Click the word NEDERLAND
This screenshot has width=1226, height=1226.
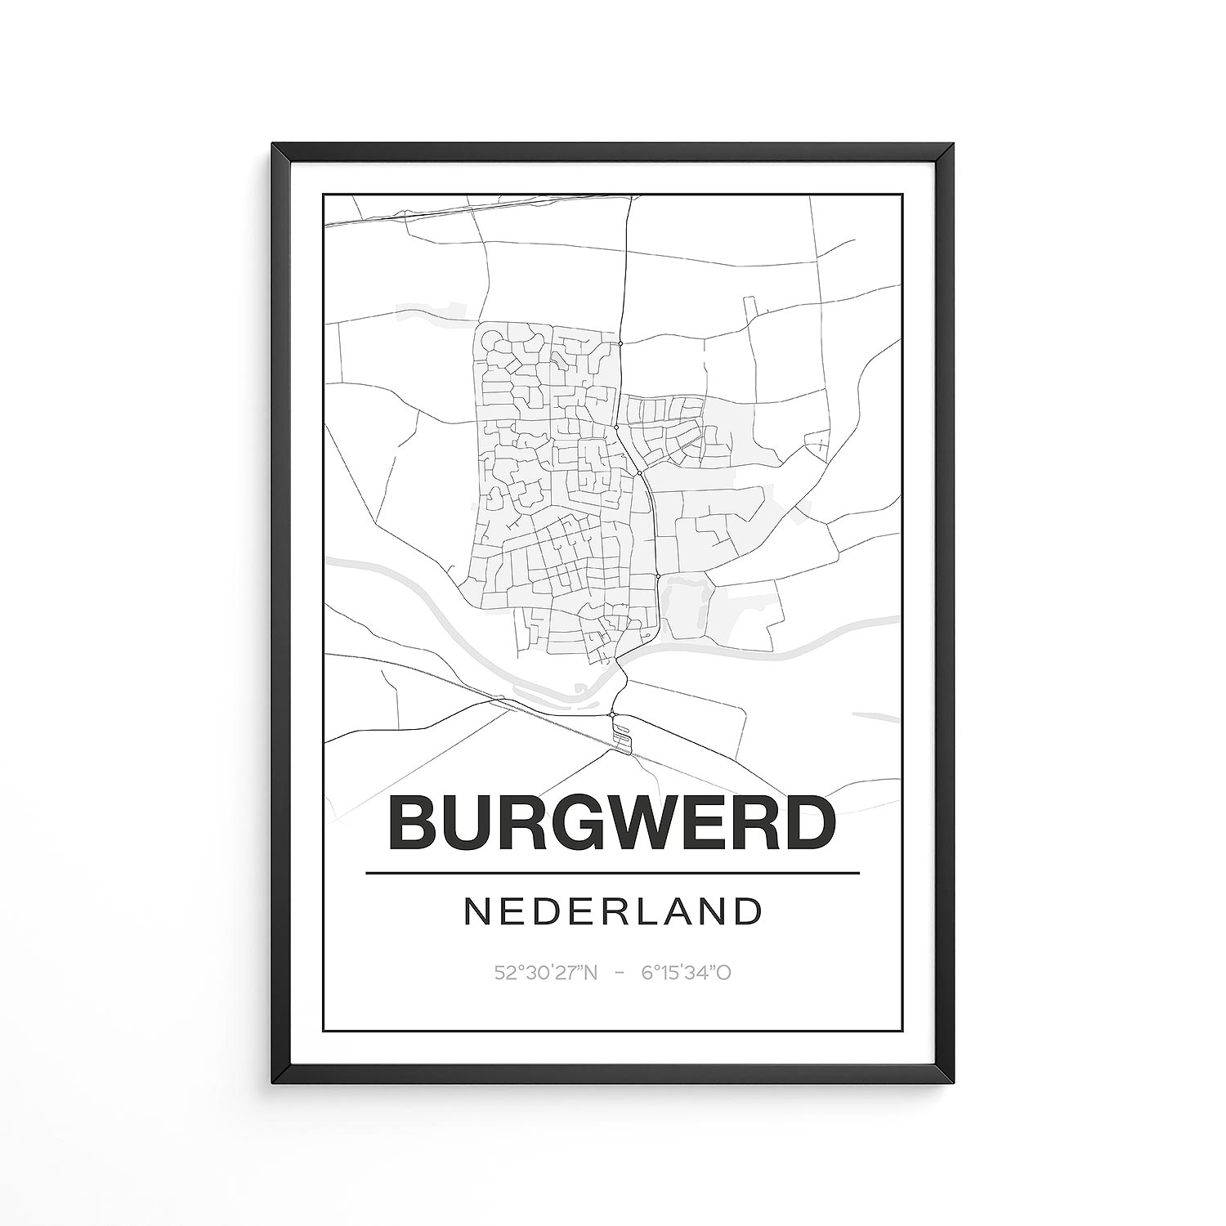(613, 912)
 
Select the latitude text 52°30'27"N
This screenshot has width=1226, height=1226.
(547, 973)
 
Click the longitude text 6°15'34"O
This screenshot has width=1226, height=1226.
(686, 973)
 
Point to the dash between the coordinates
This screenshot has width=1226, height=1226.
(620, 973)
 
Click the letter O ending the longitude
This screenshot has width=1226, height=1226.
(723, 973)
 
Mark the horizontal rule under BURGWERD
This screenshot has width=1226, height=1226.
(613, 873)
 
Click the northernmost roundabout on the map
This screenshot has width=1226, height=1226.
(620, 344)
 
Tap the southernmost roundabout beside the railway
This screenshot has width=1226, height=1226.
(612, 715)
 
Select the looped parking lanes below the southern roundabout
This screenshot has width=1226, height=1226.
(623, 736)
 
